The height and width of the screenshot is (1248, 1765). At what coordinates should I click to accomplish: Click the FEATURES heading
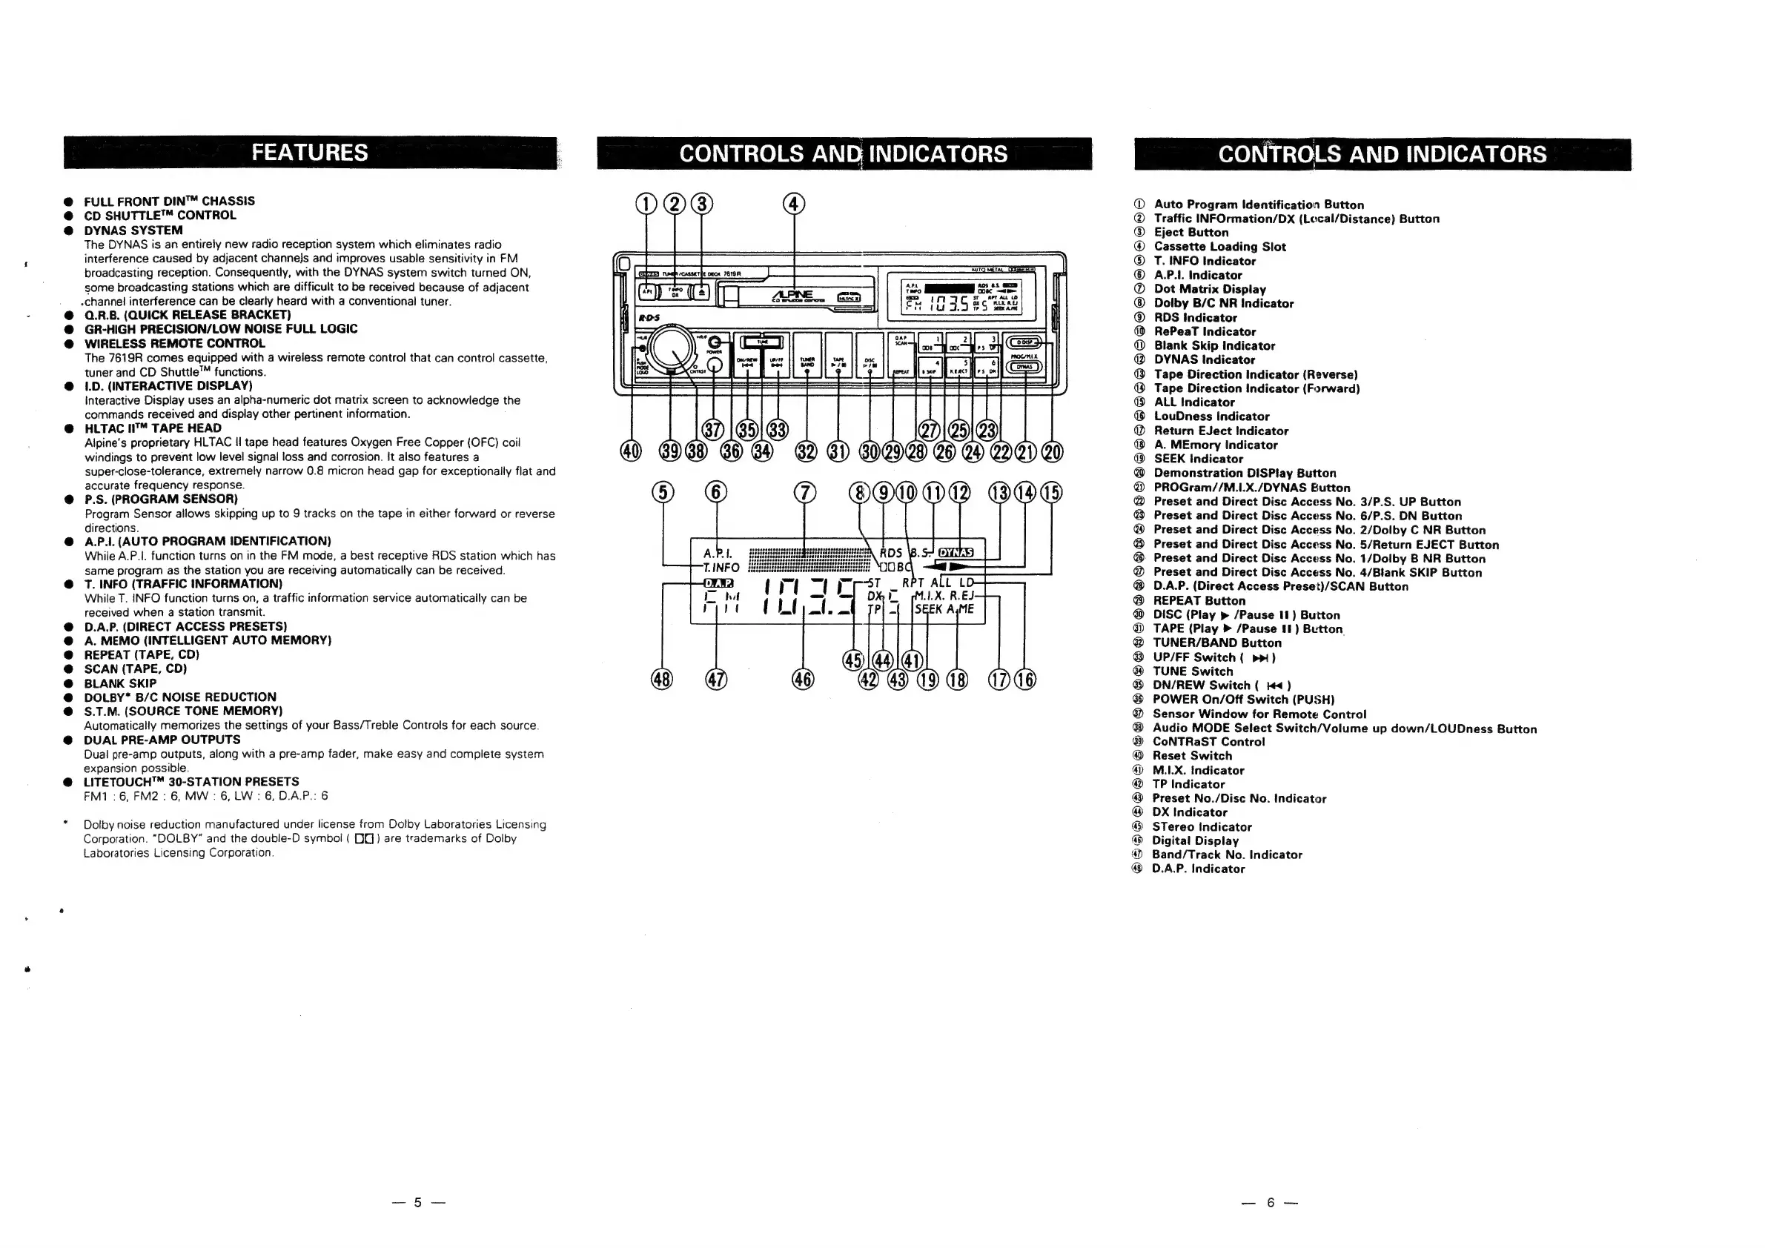point(310,152)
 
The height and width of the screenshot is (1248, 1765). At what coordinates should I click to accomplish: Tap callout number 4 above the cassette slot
point(793,204)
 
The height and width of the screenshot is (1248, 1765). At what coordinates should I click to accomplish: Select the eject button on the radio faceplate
point(701,292)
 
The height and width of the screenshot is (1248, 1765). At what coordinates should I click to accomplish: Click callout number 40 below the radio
point(630,452)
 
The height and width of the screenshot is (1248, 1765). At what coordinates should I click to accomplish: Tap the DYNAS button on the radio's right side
point(1024,367)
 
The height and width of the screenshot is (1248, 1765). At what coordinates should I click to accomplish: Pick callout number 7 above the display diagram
point(804,492)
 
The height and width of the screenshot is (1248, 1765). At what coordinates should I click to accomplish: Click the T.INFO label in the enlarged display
point(722,568)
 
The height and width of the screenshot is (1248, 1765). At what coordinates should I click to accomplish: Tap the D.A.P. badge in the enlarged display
point(719,583)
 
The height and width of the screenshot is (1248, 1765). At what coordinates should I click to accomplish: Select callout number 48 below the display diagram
point(662,680)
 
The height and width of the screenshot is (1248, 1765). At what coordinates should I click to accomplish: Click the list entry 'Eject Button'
point(1191,232)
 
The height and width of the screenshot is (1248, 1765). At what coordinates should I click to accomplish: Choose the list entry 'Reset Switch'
point(1191,755)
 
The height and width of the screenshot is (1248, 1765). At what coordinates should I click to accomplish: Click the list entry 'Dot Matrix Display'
point(1209,289)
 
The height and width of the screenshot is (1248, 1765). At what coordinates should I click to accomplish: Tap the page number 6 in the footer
point(1270,1202)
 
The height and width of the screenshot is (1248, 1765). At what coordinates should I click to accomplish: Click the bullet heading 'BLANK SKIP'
point(120,683)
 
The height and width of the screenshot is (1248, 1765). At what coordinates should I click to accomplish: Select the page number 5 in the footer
point(417,1202)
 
